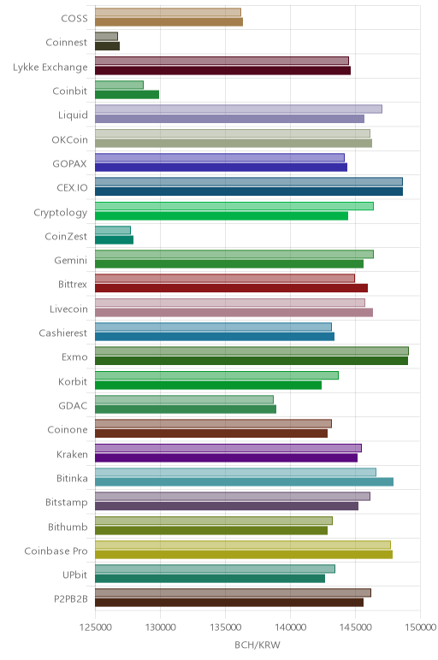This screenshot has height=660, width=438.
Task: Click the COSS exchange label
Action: (74, 18)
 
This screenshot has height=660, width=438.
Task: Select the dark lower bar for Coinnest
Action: (108, 46)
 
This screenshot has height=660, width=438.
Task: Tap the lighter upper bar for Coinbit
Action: (119, 85)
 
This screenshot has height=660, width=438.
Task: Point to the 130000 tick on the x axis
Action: (161, 628)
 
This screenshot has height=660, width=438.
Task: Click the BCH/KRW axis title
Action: (257, 645)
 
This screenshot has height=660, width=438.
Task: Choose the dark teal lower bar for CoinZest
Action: (114, 240)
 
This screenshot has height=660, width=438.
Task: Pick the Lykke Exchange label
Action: (50, 67)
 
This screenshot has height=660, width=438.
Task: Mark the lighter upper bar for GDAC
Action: (184, 399)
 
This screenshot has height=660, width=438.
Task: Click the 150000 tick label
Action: (420, 628)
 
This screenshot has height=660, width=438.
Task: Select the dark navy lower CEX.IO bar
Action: (249, 192)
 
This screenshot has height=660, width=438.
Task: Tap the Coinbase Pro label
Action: (56, 551)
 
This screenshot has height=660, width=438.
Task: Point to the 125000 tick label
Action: (96, 628)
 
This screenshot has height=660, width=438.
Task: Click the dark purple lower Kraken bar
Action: (226, 457)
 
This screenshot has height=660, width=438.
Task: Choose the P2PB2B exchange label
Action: (71, 598)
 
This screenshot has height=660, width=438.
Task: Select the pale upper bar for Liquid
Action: (239, 109)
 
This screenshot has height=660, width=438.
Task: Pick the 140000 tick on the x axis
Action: (290, 628)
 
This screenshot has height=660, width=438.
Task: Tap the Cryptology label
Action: (60, 212)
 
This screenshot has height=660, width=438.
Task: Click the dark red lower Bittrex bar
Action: (231, 288)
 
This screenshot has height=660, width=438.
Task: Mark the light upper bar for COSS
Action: (168, 12)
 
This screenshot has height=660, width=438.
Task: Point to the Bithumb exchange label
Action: (68, 527)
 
